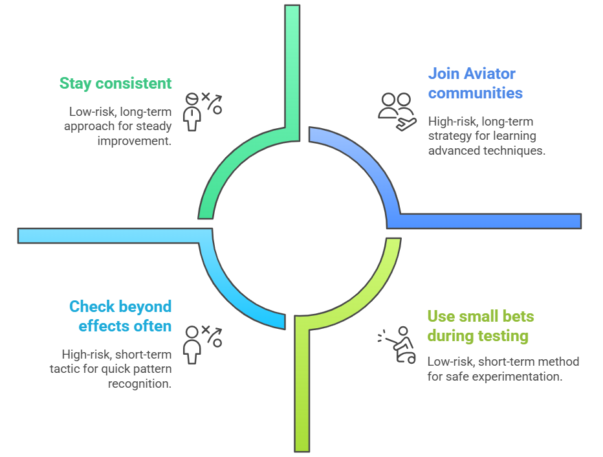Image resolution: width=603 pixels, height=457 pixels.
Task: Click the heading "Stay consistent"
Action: tap(115, 84)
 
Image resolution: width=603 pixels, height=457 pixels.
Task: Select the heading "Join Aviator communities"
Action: tap(475, 84)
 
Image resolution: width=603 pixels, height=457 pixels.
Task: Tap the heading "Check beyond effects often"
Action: tap(120, 316)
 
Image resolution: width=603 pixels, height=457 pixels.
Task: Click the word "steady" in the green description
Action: tap(155, 126)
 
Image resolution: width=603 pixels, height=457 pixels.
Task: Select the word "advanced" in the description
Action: tap(454, 151)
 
